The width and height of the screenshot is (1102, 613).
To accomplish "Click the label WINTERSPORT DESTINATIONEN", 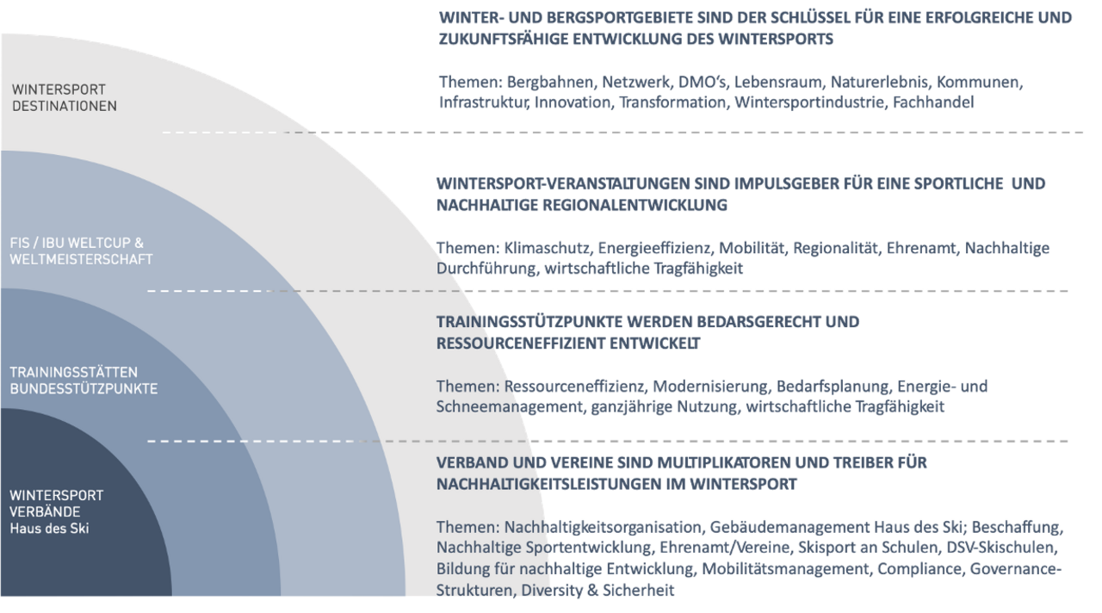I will point(64,97).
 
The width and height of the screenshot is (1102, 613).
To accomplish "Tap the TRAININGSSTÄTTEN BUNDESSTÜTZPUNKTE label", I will point(84,380).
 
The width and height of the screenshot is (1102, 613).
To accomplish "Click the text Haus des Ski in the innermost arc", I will point(49,529).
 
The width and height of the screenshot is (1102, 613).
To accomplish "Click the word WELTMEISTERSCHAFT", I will point(81,259).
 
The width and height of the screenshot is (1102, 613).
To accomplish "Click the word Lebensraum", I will point(777,83).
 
